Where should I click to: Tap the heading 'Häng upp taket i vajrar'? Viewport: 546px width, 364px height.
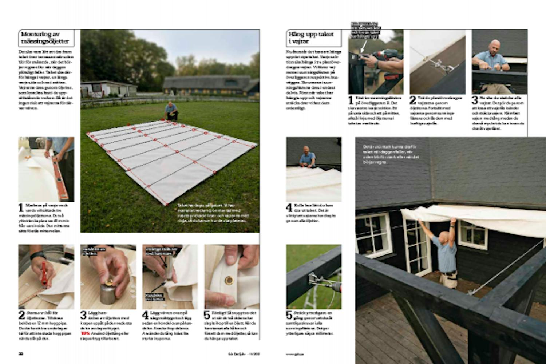tap(311, 38)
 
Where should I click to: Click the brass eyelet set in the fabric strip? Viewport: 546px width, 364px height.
tap(229, 280)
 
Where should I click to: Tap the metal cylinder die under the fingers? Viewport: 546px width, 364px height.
tap(108, 294)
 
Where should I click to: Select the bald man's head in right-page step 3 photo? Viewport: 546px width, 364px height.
tap(494, 46)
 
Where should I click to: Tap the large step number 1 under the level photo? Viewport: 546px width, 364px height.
tap(21, 208)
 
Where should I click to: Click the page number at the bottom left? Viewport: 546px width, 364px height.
tap(21, 353)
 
